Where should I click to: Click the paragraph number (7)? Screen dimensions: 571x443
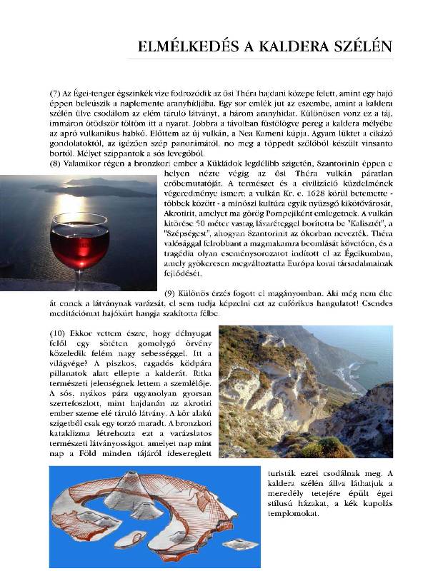pyautogui.click(x=56, y=94)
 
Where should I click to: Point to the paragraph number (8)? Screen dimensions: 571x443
pyautogui.click(x=56, y=163)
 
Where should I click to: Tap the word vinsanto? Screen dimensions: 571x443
pyautogui.click(x=372, y=143)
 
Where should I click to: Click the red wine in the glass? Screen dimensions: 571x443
pyautogui.click(x=79, y=247)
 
